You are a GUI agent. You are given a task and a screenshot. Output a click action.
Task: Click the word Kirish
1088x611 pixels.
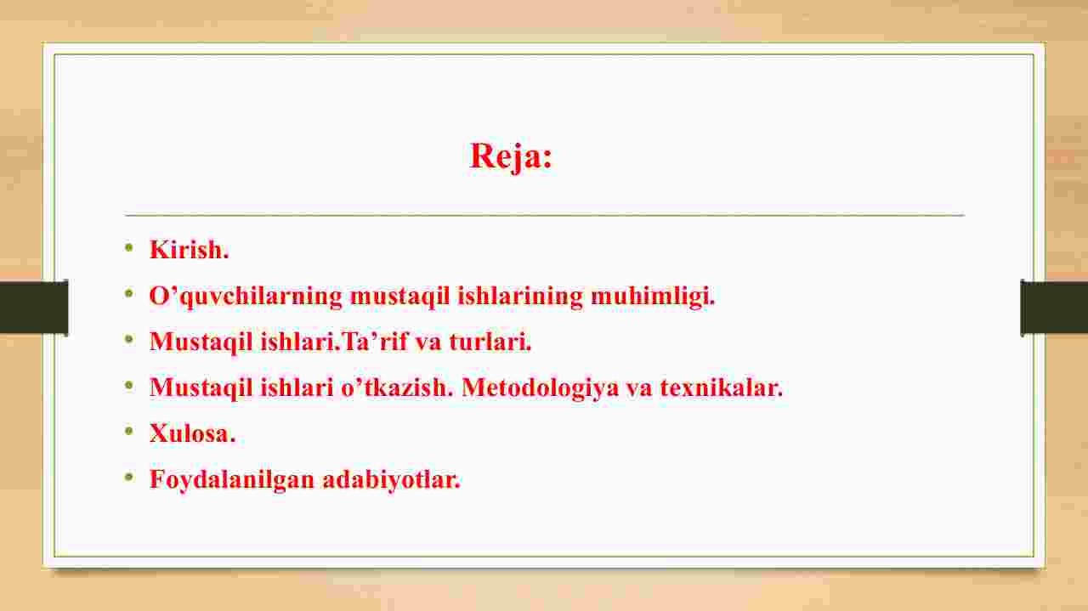[x=189, y=250]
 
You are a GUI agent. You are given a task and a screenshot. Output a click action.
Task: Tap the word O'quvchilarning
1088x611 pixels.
[x=246, y=296]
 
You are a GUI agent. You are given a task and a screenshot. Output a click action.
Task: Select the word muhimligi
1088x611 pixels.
[x=653, y=296]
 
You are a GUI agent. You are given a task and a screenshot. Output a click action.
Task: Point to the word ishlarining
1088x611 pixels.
[x=519, y=296]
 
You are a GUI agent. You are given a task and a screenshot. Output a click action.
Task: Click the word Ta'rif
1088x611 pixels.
[x=375, y=341]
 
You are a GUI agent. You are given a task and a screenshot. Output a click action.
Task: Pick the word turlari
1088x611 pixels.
[x=490, y=341]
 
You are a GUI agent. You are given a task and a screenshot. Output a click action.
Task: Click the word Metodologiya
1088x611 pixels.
[x=540, y=388]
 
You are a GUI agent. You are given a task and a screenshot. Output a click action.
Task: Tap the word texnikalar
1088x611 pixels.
[x=722, y=388]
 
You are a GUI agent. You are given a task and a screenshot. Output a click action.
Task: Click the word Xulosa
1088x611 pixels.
[x=192, y=433]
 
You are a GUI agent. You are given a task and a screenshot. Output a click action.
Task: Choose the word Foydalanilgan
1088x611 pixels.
[x=232, y=480]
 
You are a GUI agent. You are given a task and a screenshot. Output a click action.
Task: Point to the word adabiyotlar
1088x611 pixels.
[x=391, y=480]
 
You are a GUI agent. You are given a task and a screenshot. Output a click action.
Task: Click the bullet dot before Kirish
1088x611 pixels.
[x=128, y=248]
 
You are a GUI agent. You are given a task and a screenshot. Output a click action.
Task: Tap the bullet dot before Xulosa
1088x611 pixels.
[x=128, y=431]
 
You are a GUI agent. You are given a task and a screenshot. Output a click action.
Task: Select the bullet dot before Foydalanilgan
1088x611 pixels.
[x=128, y=477]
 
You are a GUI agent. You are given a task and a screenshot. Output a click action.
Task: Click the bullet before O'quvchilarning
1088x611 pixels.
[x=128, y=293]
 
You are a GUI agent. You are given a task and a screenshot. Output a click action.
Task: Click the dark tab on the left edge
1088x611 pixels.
[x=34, y=307]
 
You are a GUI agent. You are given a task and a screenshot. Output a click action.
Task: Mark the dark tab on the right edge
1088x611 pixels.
[x=1054, y=307]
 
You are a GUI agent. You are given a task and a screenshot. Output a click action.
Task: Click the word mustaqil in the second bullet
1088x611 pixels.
[x=399, y=296]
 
